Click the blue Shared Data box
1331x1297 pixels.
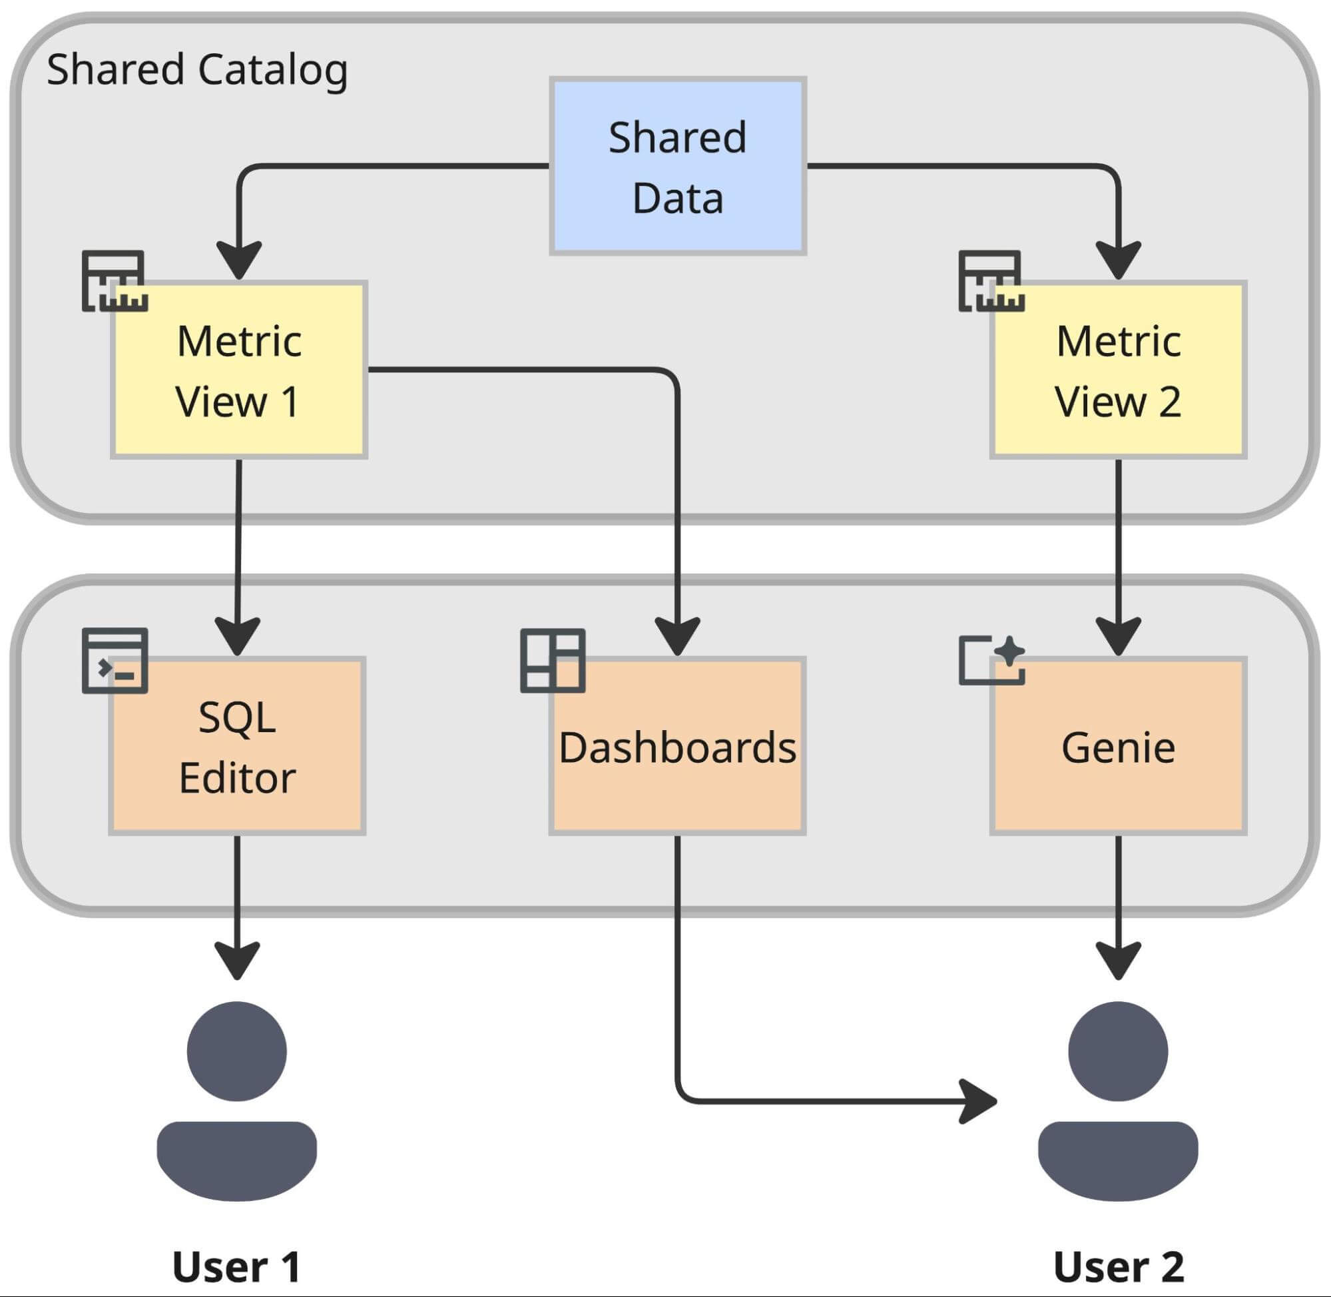click(x=677, y=167)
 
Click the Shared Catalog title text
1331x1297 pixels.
click(x=197, y=69)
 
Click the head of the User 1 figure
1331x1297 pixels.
click(x=236, y=1051)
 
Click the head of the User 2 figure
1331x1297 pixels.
click(x=1118, y=1051)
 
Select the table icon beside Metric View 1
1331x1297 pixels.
click(x=114, y=280)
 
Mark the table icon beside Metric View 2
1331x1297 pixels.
click(x=991, y=280)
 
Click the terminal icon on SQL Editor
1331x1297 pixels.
click(x=115, y=661)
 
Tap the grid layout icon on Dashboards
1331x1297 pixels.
click(x=552, y=661)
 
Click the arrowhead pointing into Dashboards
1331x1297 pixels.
click(x=677, y=635)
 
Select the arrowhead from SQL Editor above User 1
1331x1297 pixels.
click(x=237, y=959)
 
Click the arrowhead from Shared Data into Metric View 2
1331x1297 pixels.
click(x=1118, y=259)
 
